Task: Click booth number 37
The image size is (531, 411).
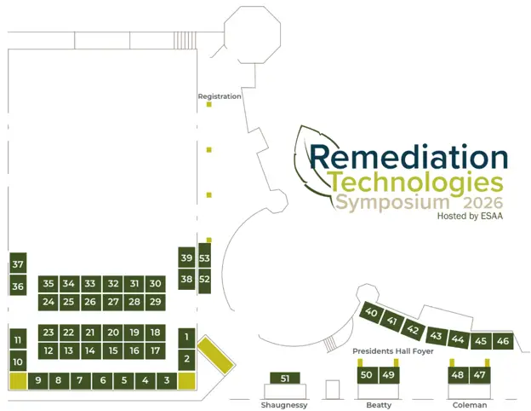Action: [18, 263]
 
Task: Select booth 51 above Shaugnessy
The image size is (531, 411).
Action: [285, 378]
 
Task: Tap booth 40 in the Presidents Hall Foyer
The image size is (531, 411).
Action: [371, 312]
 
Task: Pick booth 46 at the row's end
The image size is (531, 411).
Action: [503, 341]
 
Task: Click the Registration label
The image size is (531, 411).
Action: [220, 96]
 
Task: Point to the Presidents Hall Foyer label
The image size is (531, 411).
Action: [393, 351]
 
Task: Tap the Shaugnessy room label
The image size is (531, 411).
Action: [284, 405]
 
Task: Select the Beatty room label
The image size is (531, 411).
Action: [379, 405]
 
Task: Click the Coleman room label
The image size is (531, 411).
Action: [470, 405]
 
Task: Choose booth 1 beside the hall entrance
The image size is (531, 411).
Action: [186, 338]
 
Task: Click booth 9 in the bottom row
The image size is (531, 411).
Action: [38, 381]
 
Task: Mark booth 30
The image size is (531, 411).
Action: [156, 284]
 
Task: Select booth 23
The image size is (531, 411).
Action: [49, 333]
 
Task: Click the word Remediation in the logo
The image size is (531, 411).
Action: [408, 157]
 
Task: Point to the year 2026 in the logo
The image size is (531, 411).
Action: [482, 203]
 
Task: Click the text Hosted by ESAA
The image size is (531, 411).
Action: [470, 217]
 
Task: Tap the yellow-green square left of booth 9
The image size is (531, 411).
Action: [18, 381]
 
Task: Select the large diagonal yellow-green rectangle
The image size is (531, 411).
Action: [216, 355]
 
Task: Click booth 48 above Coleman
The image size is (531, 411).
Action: [458, 375]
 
